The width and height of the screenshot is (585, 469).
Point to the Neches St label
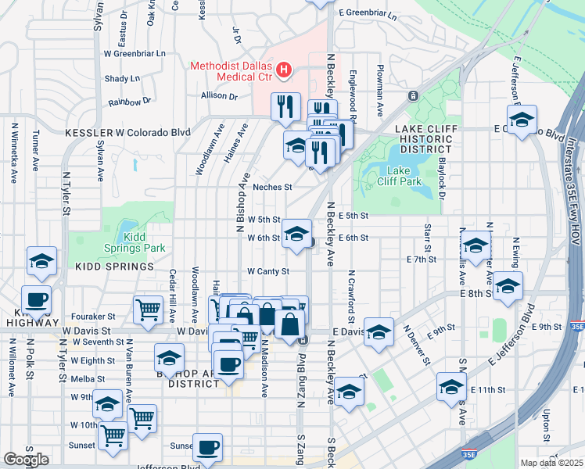(x=272, y=188)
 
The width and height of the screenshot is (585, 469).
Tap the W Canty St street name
(x=268, y=272)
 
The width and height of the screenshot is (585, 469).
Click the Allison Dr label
(x=219, y=96)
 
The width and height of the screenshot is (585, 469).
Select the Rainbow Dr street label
(x=130, y=102)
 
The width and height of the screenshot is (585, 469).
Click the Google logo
(x=26, y=459)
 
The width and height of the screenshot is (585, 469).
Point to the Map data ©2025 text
(x=551, y=463)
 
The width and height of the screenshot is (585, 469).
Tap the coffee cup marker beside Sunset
(x=207, y=447)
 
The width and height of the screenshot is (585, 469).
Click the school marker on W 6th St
(x=296, y=234)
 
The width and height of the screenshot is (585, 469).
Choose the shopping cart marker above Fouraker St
(x=148, y=309)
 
